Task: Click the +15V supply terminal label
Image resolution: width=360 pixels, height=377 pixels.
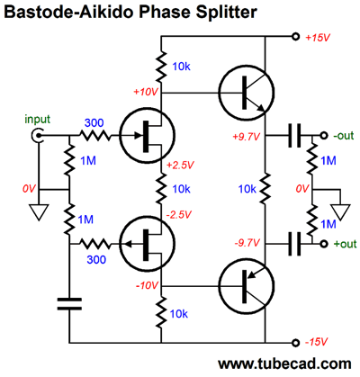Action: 318,38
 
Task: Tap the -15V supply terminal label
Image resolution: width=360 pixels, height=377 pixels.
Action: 316,342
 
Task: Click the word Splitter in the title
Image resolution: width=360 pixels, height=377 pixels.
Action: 226,12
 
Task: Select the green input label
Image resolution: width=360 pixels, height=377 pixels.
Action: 37,120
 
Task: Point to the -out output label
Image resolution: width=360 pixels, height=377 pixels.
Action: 344,136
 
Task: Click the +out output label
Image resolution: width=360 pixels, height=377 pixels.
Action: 345,244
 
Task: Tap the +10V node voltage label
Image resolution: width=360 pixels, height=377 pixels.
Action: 146,92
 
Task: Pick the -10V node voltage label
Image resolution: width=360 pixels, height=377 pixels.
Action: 147,285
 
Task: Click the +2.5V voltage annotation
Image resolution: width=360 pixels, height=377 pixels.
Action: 181,165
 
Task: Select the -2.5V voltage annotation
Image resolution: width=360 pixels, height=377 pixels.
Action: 179,214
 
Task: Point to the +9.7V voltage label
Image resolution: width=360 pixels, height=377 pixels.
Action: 247,137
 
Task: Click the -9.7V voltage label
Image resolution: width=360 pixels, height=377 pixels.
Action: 247,243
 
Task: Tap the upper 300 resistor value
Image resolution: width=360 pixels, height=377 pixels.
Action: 94,122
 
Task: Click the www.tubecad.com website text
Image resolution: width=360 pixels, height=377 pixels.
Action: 284,364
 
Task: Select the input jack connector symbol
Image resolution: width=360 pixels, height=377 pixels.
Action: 37,136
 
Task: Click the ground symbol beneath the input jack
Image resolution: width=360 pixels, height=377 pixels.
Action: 39,212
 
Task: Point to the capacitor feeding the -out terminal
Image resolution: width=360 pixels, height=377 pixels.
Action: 294,136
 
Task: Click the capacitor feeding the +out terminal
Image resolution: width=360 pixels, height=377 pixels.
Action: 294,244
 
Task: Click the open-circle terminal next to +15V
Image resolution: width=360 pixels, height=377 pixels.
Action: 296,37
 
